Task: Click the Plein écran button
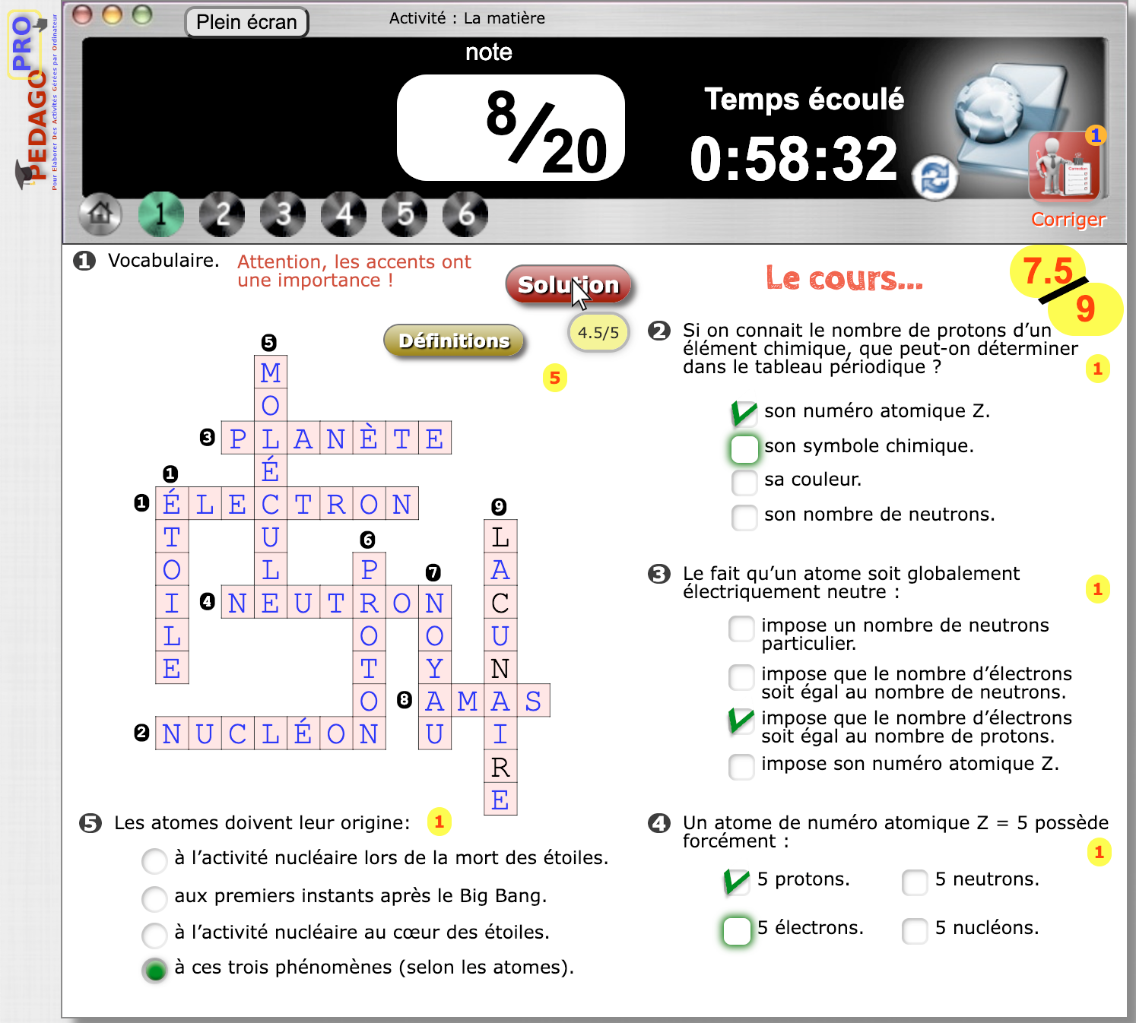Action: click(246, 22)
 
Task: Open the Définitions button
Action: click(454, 340)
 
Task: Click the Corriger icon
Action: click(1064, 169)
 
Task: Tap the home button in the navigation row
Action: click(100, 214)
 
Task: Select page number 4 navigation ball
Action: click(344, 214)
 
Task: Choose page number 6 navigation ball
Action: click(465, 214)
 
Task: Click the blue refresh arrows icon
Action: click(935, 179)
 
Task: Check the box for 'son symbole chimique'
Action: click(744, 448)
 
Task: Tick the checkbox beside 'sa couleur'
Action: click(744, 481)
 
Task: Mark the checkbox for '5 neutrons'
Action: click(915, 882)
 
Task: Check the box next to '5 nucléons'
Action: click(915, 930)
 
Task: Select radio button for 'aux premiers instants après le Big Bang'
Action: click(154, 898)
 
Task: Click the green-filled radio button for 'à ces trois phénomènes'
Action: click(155, 970)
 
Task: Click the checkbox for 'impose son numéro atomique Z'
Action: click(741, 766)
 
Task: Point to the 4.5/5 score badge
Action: click(598, 333)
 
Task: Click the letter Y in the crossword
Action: click(434, 668)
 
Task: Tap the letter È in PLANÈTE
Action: click(369, 438)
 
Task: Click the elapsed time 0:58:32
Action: click(793, 160)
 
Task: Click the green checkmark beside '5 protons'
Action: click(736, 881)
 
